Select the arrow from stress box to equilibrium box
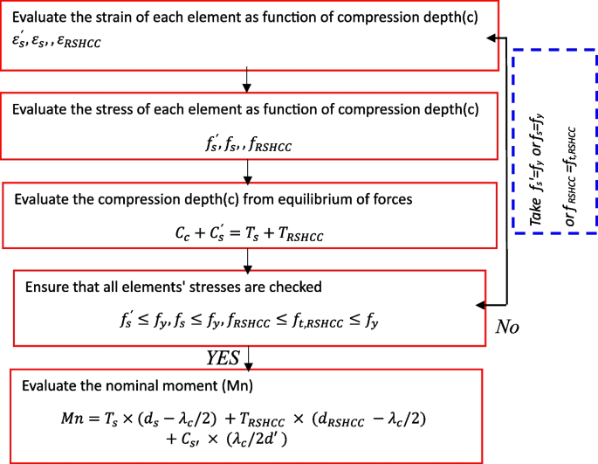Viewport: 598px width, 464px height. pos(248,170)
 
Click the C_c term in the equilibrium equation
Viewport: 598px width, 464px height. pos(185,235)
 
